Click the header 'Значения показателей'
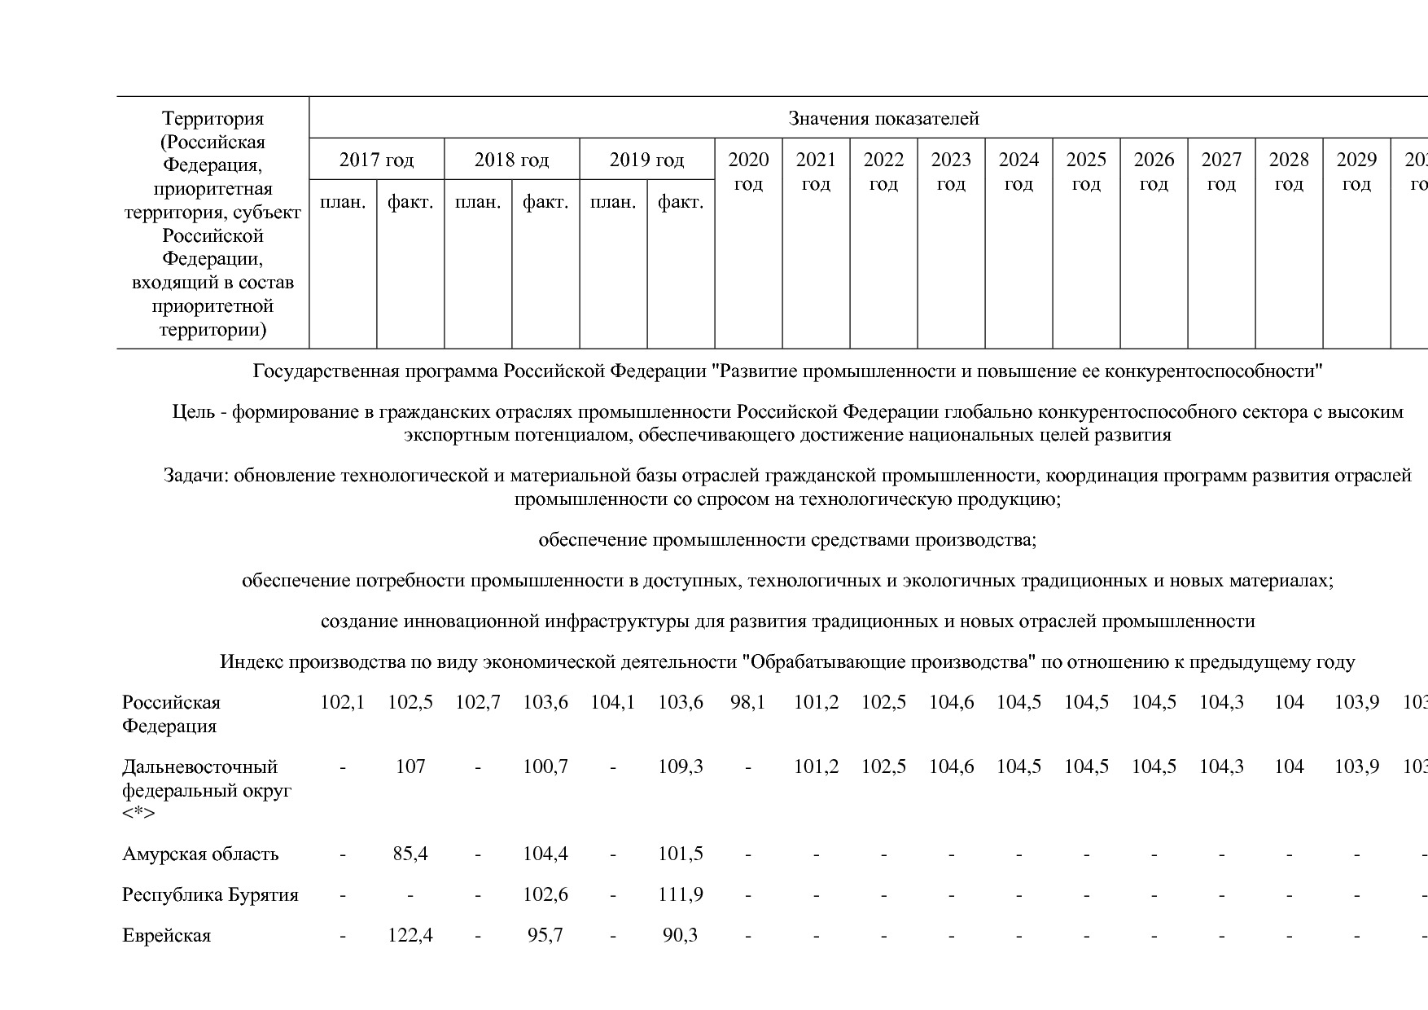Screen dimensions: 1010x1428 (883, 119)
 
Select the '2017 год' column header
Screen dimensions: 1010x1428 (376, 160)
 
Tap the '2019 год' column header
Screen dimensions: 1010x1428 (646, 160)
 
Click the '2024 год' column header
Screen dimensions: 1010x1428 (1018, 171)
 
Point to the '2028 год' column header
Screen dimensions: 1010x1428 (1289, 171)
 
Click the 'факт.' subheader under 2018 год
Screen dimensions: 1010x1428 (545, 202)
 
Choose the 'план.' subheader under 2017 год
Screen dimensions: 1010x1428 (343, 202)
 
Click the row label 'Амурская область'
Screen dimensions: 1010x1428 (200, 854)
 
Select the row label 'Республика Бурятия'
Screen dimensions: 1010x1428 (210, 894)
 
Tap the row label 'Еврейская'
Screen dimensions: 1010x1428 (166, 935)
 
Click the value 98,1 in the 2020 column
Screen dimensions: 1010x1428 (747, 702)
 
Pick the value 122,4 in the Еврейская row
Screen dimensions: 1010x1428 (410, 935)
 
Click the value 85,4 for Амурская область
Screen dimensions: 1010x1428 (410, 854)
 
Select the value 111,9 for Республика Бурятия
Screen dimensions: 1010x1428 (680, 894)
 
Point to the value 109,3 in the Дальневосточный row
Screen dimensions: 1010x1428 (680, 766)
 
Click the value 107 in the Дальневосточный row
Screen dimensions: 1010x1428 (410, 766)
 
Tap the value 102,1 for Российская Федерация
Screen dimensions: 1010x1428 (342, 702)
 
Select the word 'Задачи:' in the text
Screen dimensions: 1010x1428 (195, 476)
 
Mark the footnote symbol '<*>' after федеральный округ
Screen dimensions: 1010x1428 (138, 814)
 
